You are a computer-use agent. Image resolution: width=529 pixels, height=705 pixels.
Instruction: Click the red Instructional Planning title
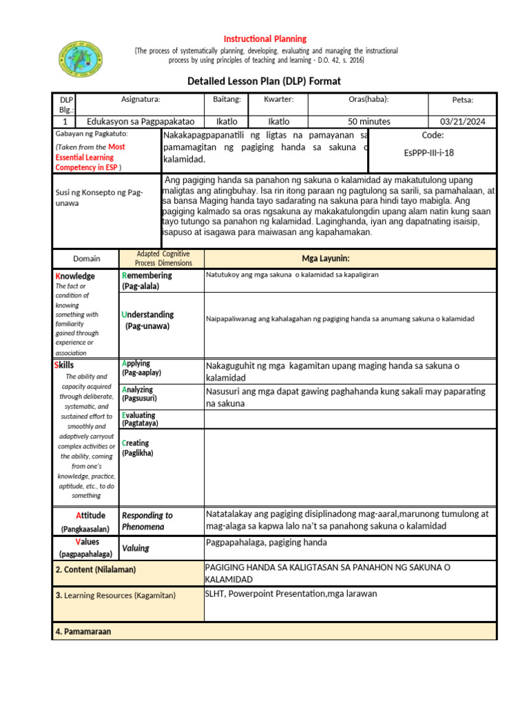coord(264,39)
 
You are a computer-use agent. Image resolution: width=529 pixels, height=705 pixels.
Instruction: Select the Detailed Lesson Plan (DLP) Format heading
coord(264,81)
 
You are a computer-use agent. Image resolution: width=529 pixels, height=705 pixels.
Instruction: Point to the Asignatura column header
coord(141,99)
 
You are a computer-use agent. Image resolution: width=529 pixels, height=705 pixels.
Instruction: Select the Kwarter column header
coord(279,99)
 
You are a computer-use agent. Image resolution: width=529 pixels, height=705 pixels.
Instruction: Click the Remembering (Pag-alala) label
coord(147,280)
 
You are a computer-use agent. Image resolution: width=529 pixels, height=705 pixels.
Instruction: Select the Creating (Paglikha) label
coord(137,448)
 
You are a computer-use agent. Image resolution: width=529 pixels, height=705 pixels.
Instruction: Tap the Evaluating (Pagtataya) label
coord(138,419)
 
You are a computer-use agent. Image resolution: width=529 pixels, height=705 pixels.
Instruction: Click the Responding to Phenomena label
coord(147,520)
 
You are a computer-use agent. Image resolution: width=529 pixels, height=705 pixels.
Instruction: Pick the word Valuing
coord(136,549)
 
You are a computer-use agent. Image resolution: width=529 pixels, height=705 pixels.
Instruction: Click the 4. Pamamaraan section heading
coord(83,631)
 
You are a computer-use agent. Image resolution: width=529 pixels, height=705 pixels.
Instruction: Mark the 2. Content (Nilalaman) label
coord(96,569)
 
